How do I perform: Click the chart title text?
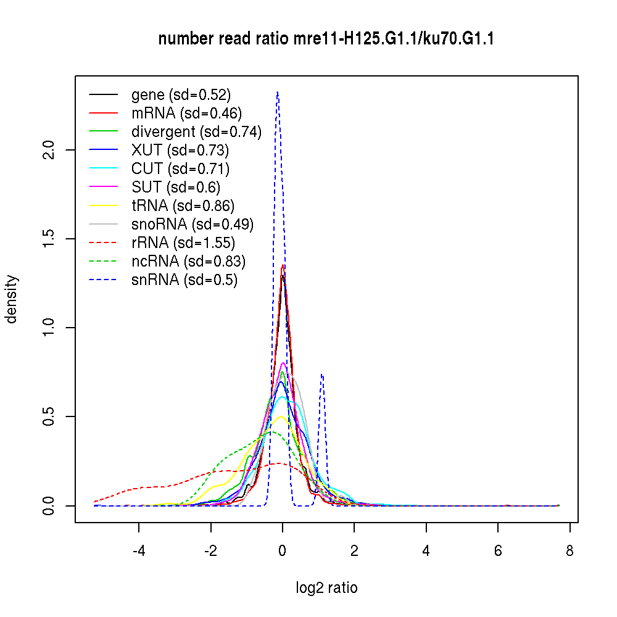(326, 39)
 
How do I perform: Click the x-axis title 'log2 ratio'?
(326, 588)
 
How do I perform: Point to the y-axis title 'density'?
(11, 299)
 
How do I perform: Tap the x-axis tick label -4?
(139, 551)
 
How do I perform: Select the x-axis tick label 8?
(569, 551)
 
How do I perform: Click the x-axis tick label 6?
(498, 551)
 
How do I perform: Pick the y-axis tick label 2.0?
(51, 150)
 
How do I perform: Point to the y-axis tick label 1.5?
(51, 239)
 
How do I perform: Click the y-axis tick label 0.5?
(51, 416)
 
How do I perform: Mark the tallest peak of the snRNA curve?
(278, 93)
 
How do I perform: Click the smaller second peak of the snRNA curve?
(321, 375)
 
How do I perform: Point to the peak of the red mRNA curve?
(283, 266)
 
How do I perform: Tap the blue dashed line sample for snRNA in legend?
(103, 280)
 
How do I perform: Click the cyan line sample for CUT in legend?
(103, 169)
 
